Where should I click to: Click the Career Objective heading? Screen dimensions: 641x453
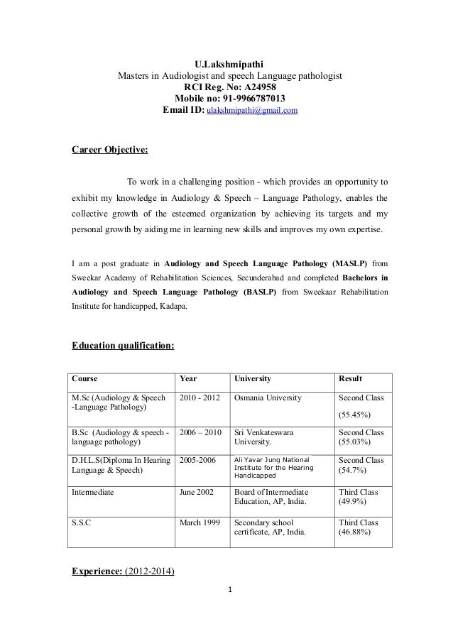[x=110, y=150]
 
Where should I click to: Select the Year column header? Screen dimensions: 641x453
[x=189, y=379]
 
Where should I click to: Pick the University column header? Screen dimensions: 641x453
[x=253, y=379]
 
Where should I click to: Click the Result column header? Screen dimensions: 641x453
[x=353, y=379]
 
